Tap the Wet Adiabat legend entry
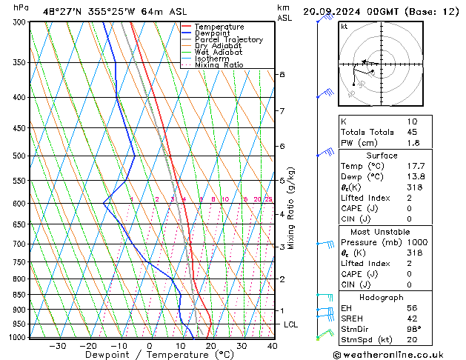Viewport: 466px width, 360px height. click(219, 52)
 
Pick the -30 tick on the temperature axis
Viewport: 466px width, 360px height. click(57, 346)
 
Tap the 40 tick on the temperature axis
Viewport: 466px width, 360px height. click(272, 346)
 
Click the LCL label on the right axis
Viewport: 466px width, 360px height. click(291, 324)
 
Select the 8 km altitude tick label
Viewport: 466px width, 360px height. click(282, 75)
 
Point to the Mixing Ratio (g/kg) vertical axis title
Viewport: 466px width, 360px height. click(292, 208)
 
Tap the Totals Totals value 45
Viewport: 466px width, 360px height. click(412, 133)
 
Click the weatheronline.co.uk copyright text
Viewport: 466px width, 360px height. click(399, 354)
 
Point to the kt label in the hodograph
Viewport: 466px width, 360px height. click(344, 26)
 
